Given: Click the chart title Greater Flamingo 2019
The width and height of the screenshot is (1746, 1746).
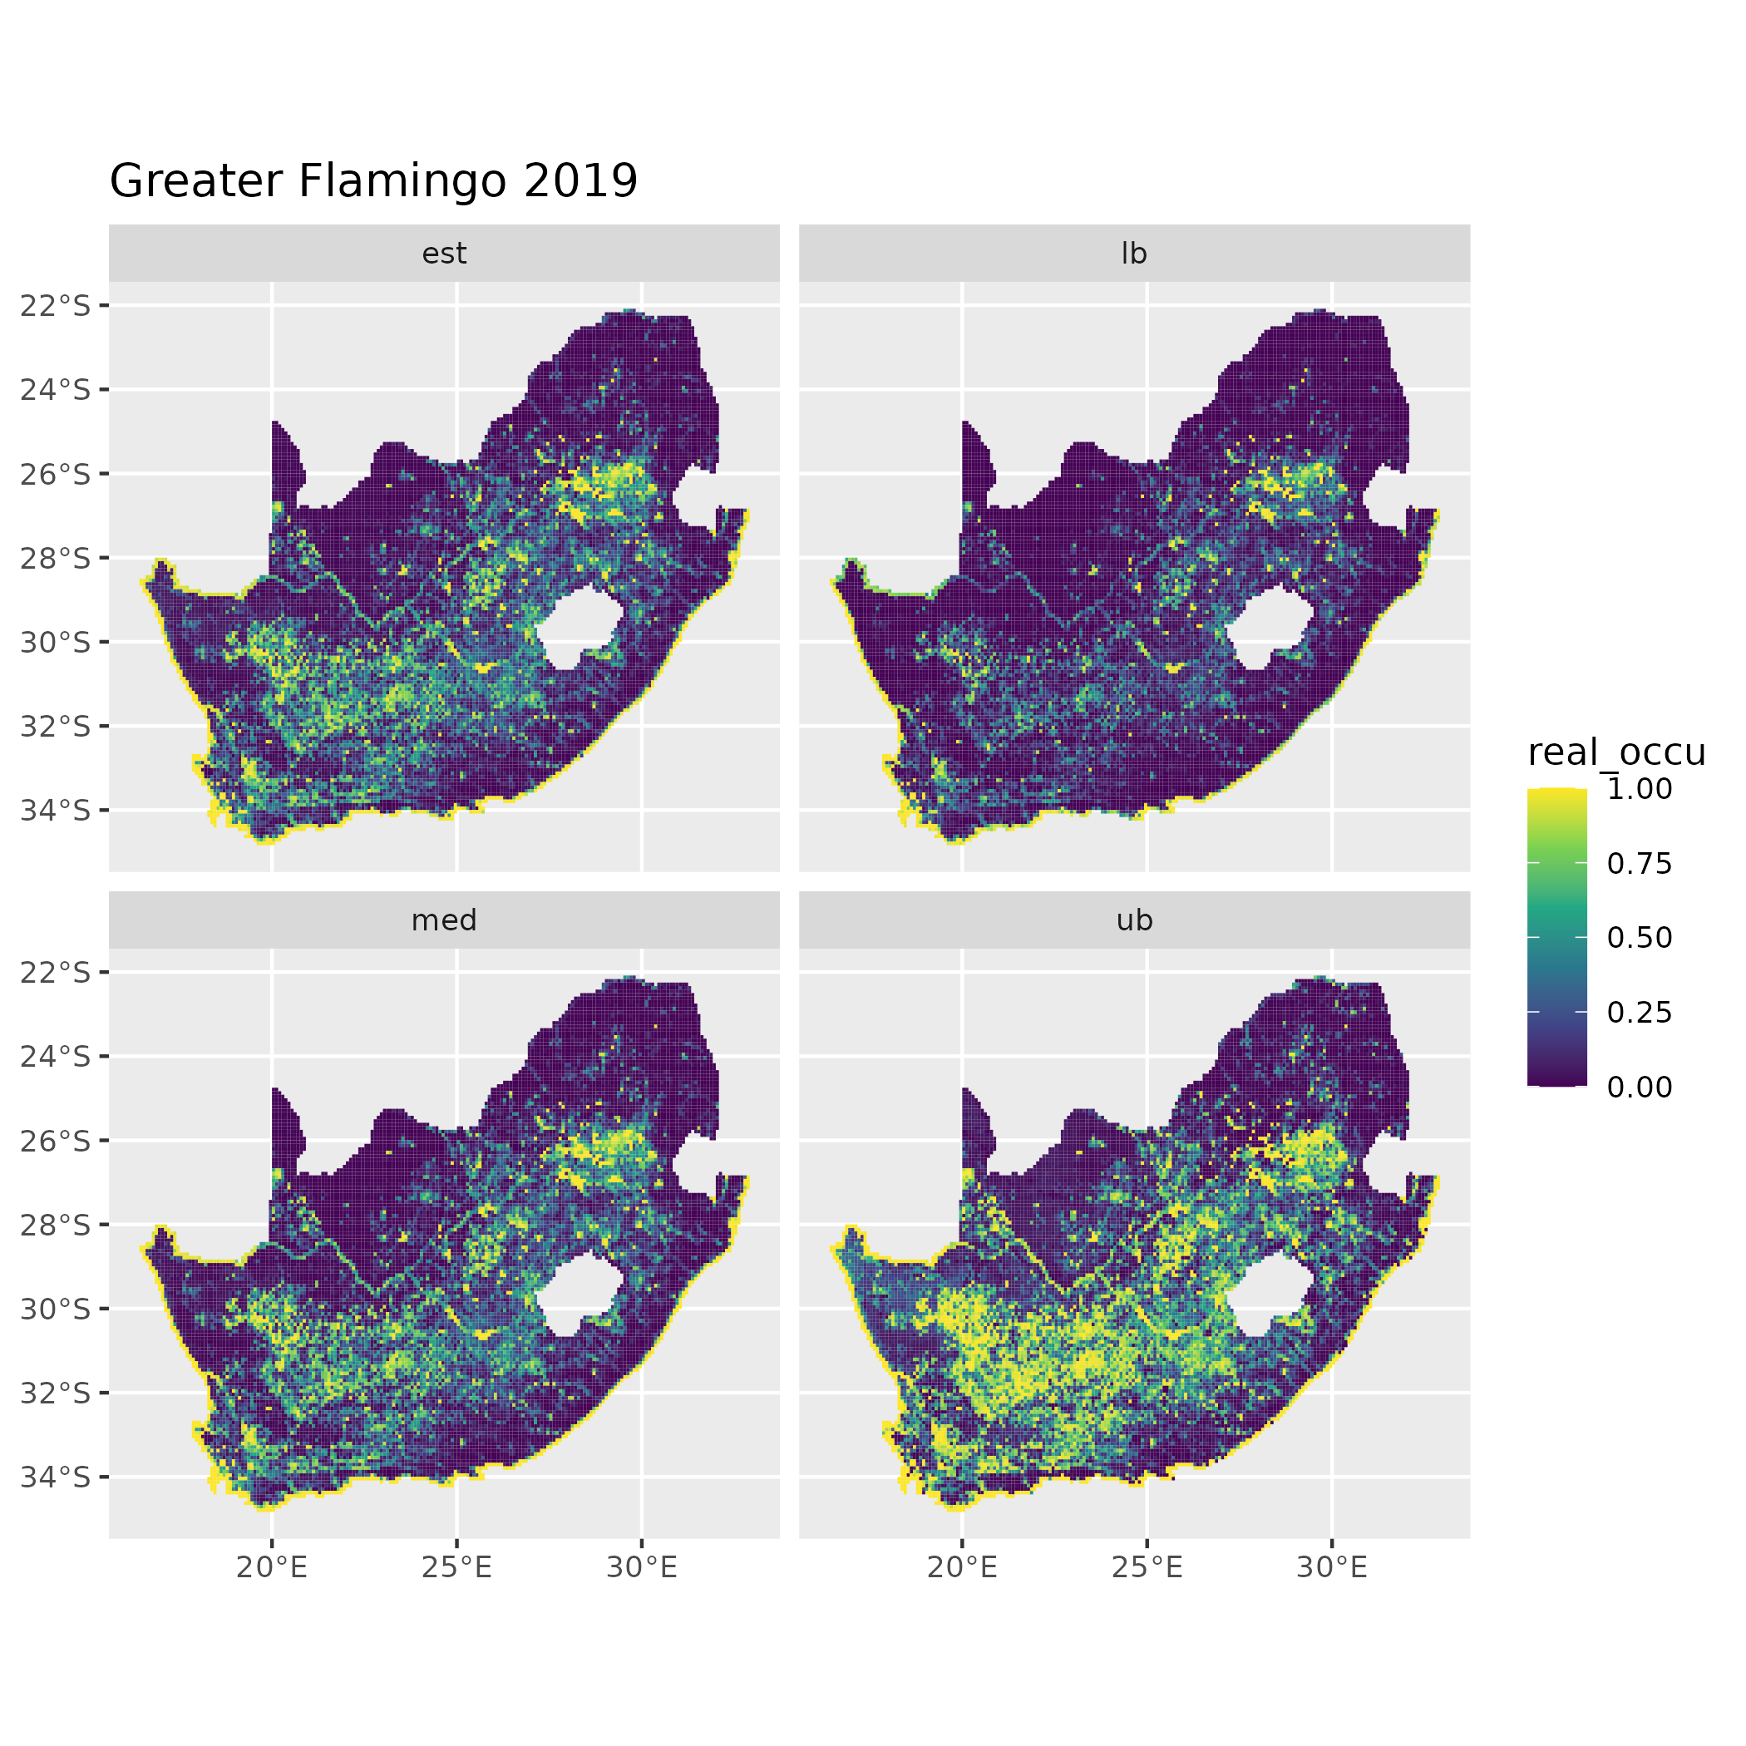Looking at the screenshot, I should pos(373,180).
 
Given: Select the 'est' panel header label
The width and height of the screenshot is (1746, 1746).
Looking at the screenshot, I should pos(444,254).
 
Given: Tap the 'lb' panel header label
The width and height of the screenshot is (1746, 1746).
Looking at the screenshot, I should pos(1133,254).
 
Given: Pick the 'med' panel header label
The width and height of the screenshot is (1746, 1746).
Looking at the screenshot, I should pos(444,920).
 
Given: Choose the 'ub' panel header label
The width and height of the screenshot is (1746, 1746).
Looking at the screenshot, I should pos(1133,920).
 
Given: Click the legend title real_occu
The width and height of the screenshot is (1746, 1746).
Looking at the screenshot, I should pos(1615,752).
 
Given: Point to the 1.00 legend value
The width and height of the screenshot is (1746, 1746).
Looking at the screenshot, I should pos(1640,789).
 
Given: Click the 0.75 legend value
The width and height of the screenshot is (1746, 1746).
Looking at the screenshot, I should pos(1640,864).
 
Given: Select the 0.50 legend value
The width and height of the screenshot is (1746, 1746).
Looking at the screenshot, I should pos(1640,938).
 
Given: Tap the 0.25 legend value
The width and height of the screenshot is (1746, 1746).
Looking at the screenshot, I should pos(1640,1012).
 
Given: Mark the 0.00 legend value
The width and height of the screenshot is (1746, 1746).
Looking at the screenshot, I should pos(1640,1088).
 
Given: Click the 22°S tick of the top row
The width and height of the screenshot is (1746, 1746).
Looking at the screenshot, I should pos(56,306).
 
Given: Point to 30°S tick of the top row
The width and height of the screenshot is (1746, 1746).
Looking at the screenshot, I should pos(56,643).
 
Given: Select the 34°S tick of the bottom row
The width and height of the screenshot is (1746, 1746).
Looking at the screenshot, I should pos(56,1477).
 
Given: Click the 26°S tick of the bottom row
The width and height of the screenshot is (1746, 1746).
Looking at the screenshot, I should pos(56,1141).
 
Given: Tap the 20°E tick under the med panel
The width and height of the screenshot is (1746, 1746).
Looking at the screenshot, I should pos(272,1568).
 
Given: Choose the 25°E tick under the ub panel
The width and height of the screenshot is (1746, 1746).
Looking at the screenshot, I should pos(1147,1568).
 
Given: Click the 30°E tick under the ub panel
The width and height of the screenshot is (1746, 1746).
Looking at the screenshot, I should pos(1332,1568).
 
